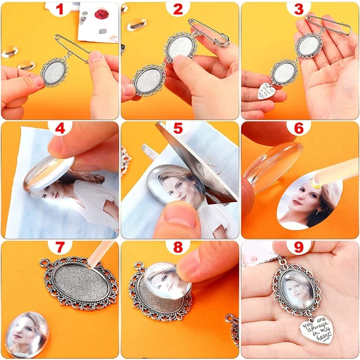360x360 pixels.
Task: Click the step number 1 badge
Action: tap(60, 10)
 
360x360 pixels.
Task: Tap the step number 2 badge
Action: tap(178, 10)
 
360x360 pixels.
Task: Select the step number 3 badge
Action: tap(299, 10)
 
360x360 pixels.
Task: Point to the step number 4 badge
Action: tap(60, 129)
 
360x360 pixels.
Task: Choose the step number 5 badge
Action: tap(178, 129)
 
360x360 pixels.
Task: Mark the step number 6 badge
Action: tap(299, 129)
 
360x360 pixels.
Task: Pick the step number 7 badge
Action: tap(60, 248)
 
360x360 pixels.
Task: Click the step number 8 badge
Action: tap(178, 248)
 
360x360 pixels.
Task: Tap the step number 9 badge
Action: tap(299, 248)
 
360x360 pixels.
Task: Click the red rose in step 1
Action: tap(102, 12)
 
